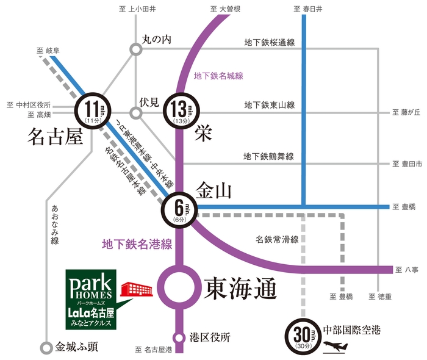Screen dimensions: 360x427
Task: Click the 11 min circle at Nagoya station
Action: point(93,112)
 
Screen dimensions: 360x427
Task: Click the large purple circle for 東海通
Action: point(179,285)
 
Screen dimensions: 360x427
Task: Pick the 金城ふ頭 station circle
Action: point(46,347)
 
